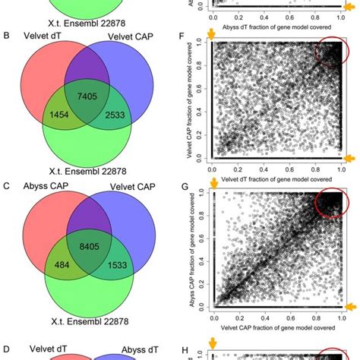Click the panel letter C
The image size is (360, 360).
[x=7, y=188]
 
